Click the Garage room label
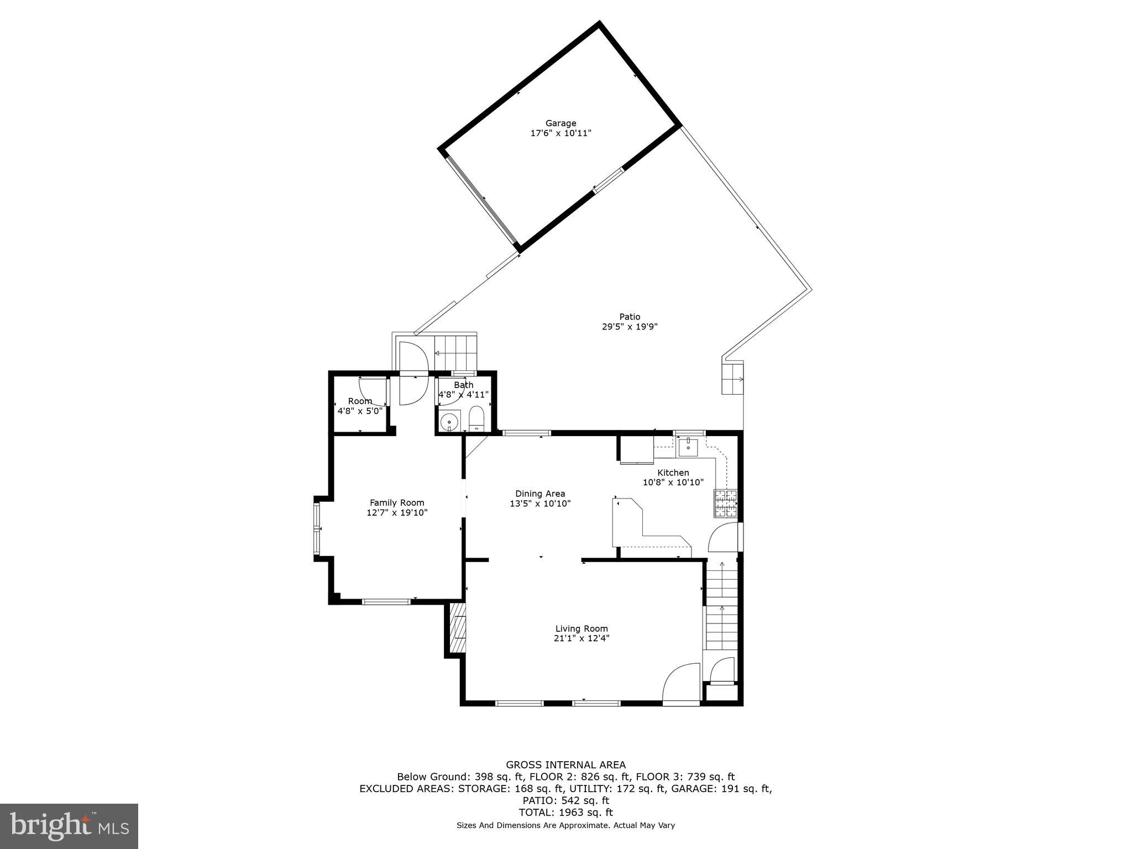pos(560,123)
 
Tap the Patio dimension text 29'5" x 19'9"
pos(629,327)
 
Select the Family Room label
pos(397,502)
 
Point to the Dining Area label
pos(540,494)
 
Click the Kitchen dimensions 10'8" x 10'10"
pos(673,482)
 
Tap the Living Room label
pos(581,628)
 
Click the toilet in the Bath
pos(476,418)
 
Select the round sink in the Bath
pos(450,420)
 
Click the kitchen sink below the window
pos(688,446)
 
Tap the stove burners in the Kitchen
pos(726,503)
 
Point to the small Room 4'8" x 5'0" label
pos(360,406)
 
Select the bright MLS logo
pos(69,826)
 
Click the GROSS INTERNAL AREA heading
pos(565,765)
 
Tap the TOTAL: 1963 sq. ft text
pos(565,813)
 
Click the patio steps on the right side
pos(732,379)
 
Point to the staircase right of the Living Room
pos(721,605)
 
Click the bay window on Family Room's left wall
pos(317,528)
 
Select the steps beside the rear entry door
pos(455,352)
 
